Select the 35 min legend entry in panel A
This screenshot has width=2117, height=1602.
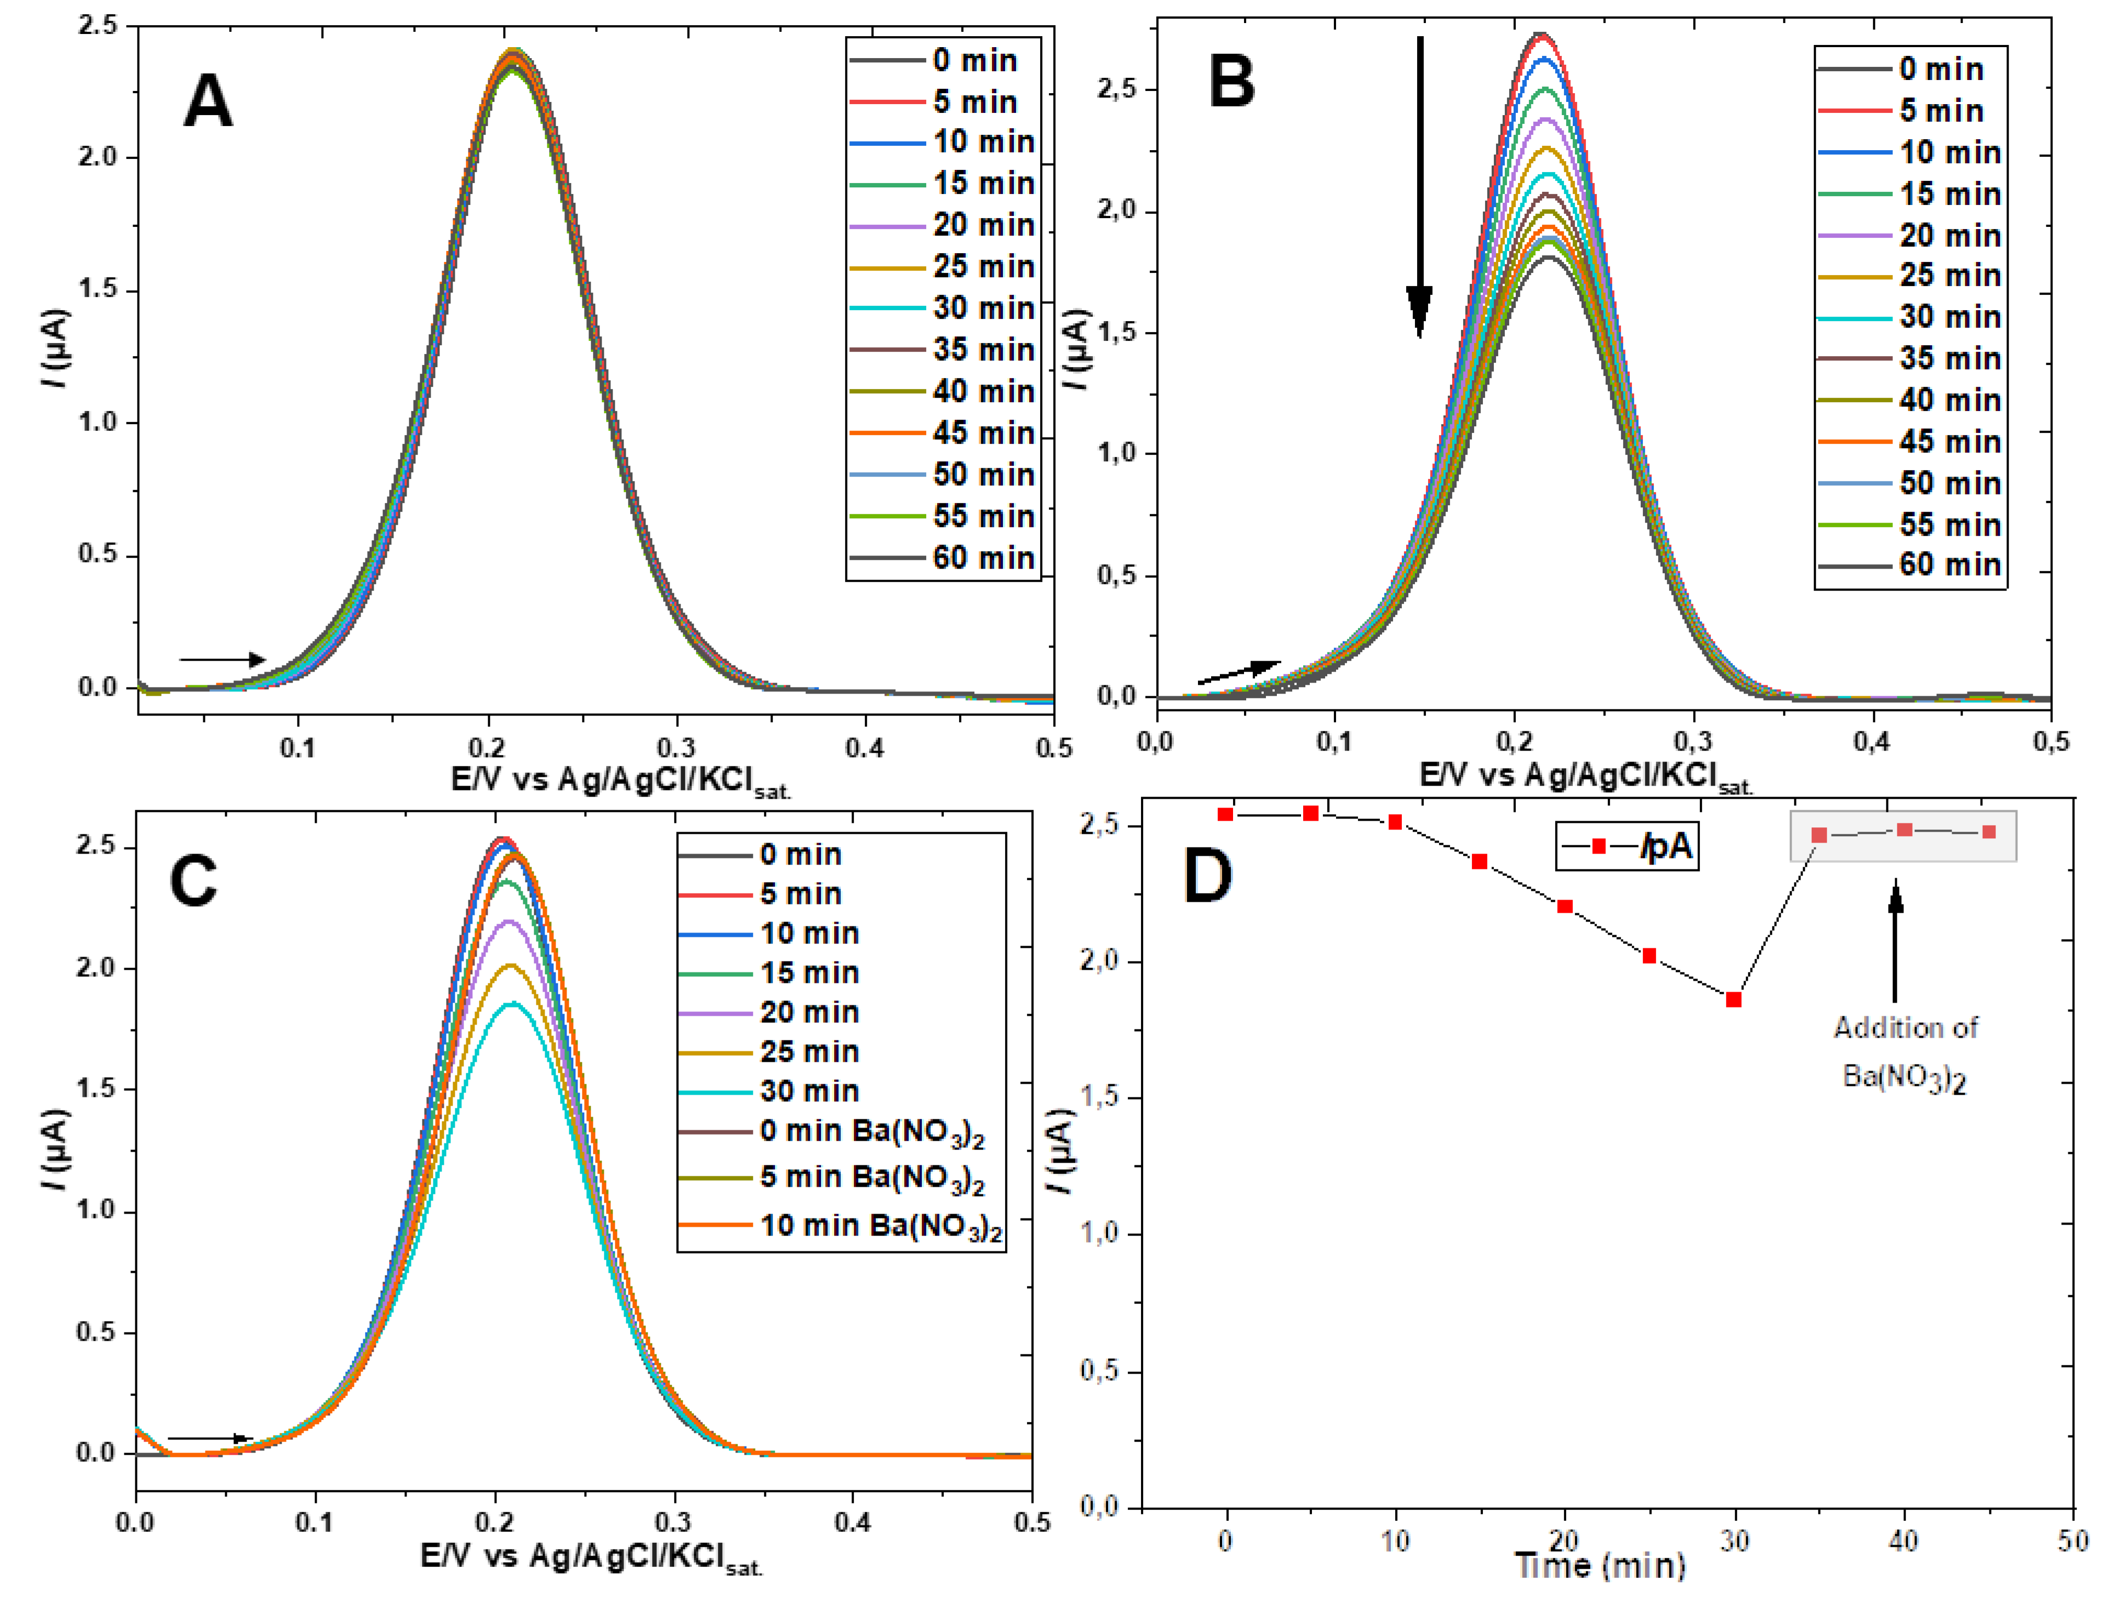point(943,350)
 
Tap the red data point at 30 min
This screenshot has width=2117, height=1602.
point(1733,1000)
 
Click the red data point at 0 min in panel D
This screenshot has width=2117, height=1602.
point(1225,814)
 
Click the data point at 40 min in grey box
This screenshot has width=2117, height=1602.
point(1904,829)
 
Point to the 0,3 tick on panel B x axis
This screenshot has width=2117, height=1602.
point(1692,742)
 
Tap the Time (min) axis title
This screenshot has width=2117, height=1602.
point(1600,1566)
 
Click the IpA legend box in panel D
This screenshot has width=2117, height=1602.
point(1627,846)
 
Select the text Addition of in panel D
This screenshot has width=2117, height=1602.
point(1904,1028)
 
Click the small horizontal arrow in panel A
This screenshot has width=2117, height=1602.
point(222,659)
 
